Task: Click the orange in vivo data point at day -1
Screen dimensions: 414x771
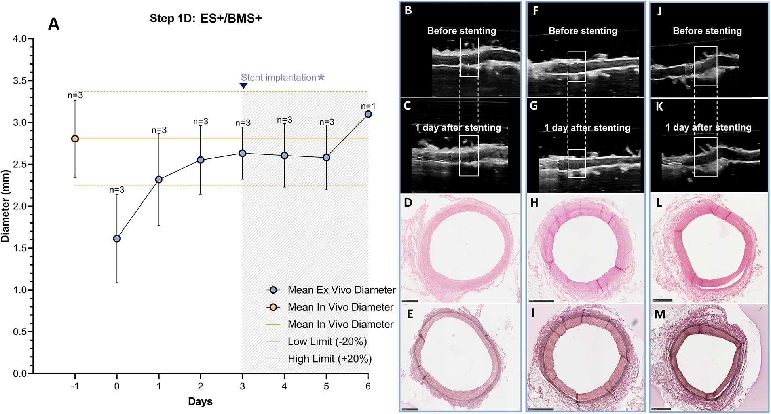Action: pos(75,139)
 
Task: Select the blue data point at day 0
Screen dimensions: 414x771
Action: pos(117,239)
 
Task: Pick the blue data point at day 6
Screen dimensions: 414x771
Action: pos(368,114)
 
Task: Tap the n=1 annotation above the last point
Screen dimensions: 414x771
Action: pos(368,106)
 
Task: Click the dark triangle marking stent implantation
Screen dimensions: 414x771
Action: pos(244,86)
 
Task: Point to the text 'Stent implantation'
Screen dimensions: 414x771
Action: pos(279,78)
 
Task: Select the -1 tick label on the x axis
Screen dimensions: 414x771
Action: pos(74,386)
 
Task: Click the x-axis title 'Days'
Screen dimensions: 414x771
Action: pos(200,401)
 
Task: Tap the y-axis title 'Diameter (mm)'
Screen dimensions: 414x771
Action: pos(6,206)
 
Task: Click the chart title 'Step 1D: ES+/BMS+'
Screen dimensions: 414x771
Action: pos(206,18)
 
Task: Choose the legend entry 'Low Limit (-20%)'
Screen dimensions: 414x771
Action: pos(327,341)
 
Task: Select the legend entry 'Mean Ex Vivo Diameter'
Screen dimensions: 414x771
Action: pos(341,290)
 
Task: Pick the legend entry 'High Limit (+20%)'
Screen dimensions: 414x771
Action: pos(329,359)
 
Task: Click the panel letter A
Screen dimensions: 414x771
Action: pos(54,24)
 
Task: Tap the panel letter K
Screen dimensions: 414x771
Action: pos(659,107)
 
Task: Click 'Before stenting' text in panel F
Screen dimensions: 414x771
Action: pos(583,31)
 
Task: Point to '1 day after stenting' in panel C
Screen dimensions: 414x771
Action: pos(458,127)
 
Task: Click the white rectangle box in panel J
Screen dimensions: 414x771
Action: pos(705,66)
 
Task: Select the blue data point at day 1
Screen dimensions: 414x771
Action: pos(159,179)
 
